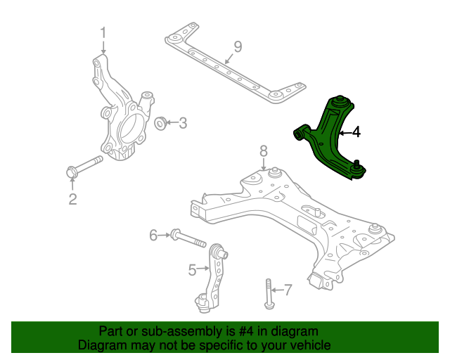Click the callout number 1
tap(103, 33)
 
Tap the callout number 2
tap(72, 199)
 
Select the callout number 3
tap(183, 123)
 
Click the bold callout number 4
tap(356, 132)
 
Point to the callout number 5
tap(192, 270)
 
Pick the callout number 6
tap(153, 235)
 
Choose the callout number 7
tap(288, 290)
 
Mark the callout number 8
tap(264, 151)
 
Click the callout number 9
tap(238, 47)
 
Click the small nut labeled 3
tap(160, 123)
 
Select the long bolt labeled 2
tap(84, 167)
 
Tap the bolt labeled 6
tap(188, 238)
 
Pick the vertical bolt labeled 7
tap(269, 294)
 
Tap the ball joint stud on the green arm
tap(357, 165)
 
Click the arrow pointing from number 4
tap(345, 133)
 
